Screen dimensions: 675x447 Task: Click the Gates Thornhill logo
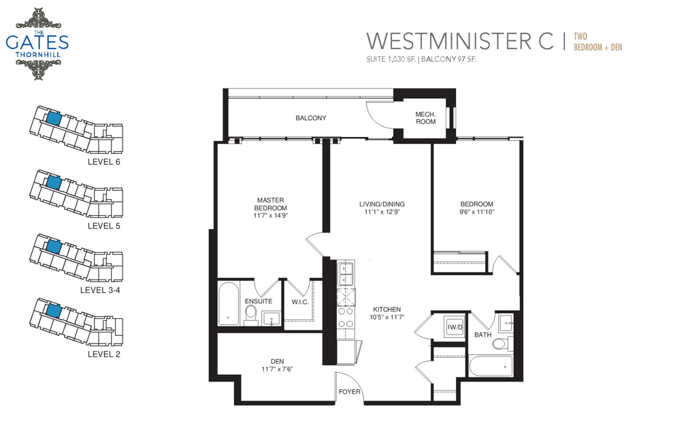(x=37, y=44)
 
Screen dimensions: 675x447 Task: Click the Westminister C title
(x=460, y=41)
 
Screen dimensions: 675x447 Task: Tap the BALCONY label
(x=311, y=118)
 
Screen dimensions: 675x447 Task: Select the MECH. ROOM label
(x=425, y=118)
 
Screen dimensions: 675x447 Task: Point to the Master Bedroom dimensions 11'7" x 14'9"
(x=270, y=215)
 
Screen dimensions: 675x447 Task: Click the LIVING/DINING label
(x=382, y=204)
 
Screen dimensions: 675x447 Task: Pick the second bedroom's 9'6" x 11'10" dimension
(x=477, y=212)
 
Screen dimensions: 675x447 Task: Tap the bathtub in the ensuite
(x=228, y=303)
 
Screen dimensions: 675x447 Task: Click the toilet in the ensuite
(x=251, y=315)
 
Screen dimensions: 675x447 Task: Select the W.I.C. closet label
(x=300, y=302)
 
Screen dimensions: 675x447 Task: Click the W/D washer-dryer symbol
(x=454, y=327)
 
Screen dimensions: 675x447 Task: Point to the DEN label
(x=277, y=361)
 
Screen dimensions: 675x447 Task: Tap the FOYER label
(x=350, y=391)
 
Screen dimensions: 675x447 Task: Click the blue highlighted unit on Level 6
(x=53, y=118)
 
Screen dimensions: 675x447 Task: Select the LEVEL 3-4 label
(x=100, y=290)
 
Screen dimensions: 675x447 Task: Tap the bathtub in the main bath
(x=491, y=366)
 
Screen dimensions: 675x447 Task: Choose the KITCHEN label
(x=386, y=309)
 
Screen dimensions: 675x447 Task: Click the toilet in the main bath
(x=502, y=344)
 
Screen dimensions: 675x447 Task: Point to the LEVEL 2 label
(x=103, y=354)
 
